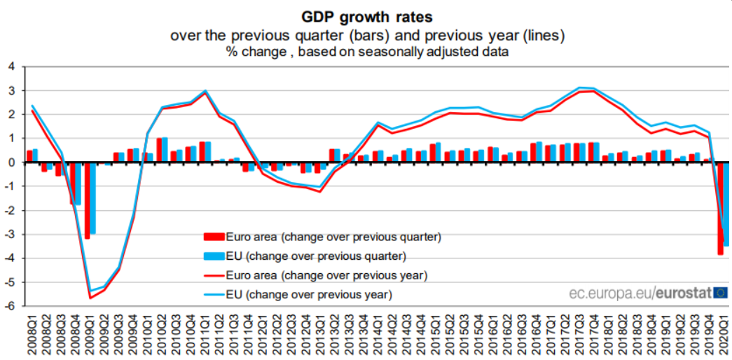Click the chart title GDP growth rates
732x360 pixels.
pos(366,18)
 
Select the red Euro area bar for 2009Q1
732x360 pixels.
pos(87,200)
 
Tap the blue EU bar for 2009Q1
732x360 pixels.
pos(92,198)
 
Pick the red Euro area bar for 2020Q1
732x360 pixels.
pos(720,208)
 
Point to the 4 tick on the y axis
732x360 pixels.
pos(12,67)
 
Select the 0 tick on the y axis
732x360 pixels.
pos(12,162)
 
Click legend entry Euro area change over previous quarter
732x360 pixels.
pos(323,237)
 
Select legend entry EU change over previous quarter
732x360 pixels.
pos(305,256)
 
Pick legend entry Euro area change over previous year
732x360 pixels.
pos(316,275)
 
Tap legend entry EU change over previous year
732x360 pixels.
pos(298,295)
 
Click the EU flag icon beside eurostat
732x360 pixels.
pos(721,293)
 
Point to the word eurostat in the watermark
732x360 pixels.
pos(684,293)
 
